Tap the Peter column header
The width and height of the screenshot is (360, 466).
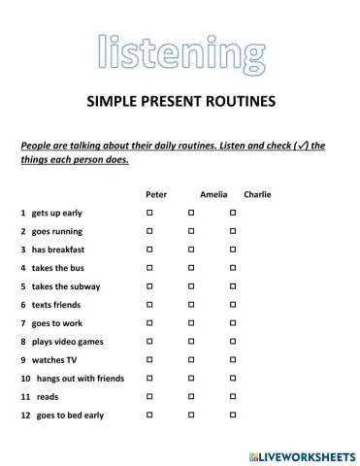tap(156, 194)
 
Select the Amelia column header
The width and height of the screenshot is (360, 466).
tap(213, 194)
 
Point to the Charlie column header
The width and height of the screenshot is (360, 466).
tap(258, 194)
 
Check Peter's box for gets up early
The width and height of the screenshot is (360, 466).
tap(149, 213)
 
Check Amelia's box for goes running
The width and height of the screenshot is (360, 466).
tap(191, 231)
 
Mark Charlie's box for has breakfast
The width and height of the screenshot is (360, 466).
tap(233, 250)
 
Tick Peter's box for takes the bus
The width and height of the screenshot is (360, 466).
tap(149, 268)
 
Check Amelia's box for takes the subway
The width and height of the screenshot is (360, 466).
tap(191, 286)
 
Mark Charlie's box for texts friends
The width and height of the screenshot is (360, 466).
tap(233, 305)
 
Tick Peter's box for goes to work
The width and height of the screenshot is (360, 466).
tap(149, 323)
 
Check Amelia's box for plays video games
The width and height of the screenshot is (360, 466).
tap(191, 342)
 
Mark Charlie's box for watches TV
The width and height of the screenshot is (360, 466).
tap(233, 360)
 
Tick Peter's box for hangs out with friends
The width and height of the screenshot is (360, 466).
tap(149, 379)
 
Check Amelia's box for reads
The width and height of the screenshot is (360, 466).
tap(191, 397)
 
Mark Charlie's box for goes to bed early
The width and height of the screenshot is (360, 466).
tap(233, 416)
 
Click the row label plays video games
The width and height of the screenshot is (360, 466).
tap(67, 342)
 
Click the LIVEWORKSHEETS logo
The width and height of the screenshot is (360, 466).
tap(300, 453)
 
